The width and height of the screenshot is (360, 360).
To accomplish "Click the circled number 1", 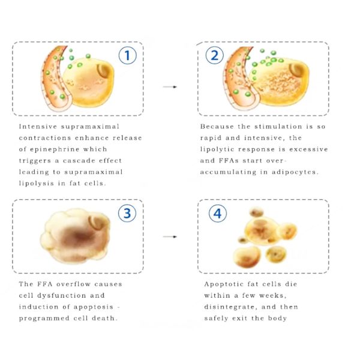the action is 127,55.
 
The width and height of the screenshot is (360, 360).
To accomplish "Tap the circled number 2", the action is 214,55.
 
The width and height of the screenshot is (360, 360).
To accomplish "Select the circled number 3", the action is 127,213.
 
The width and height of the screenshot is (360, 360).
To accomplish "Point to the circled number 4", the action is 218,213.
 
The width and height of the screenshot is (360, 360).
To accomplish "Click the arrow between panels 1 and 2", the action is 170,87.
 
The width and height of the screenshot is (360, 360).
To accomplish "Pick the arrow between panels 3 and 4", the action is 170,237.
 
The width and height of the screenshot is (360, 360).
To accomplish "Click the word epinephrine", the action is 55,149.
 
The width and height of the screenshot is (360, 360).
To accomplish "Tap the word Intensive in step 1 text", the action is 38,127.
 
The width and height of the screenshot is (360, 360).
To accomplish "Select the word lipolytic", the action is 217,149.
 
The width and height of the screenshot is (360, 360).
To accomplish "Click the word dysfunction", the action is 62,295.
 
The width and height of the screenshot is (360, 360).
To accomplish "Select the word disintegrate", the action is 230,307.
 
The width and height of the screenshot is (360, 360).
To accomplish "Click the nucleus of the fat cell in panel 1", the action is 104,71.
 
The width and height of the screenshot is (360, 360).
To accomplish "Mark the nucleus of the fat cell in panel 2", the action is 298,70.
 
